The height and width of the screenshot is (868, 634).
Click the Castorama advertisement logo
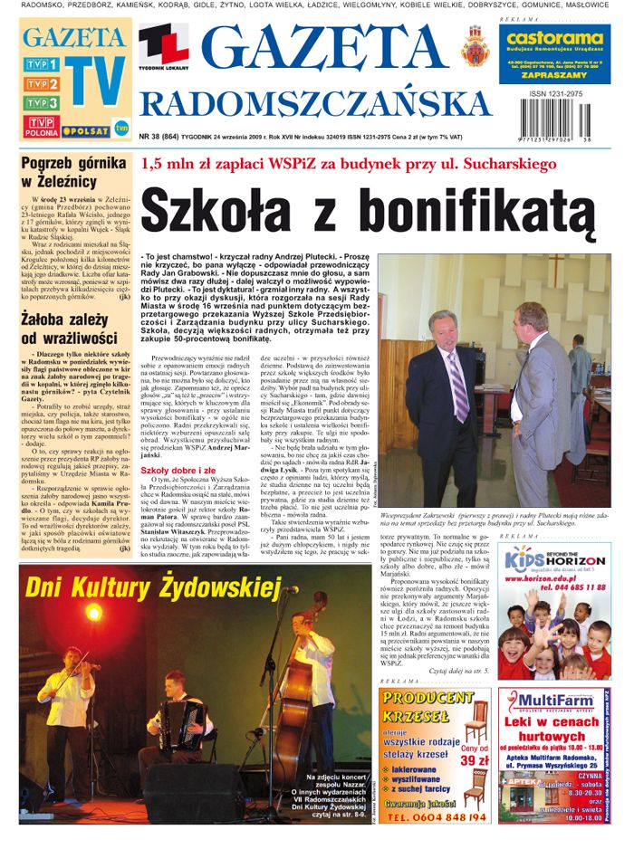click(554, 38)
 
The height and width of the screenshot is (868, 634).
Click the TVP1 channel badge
click(42, 64)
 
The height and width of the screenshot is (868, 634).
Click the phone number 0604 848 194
click(435, 816)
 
